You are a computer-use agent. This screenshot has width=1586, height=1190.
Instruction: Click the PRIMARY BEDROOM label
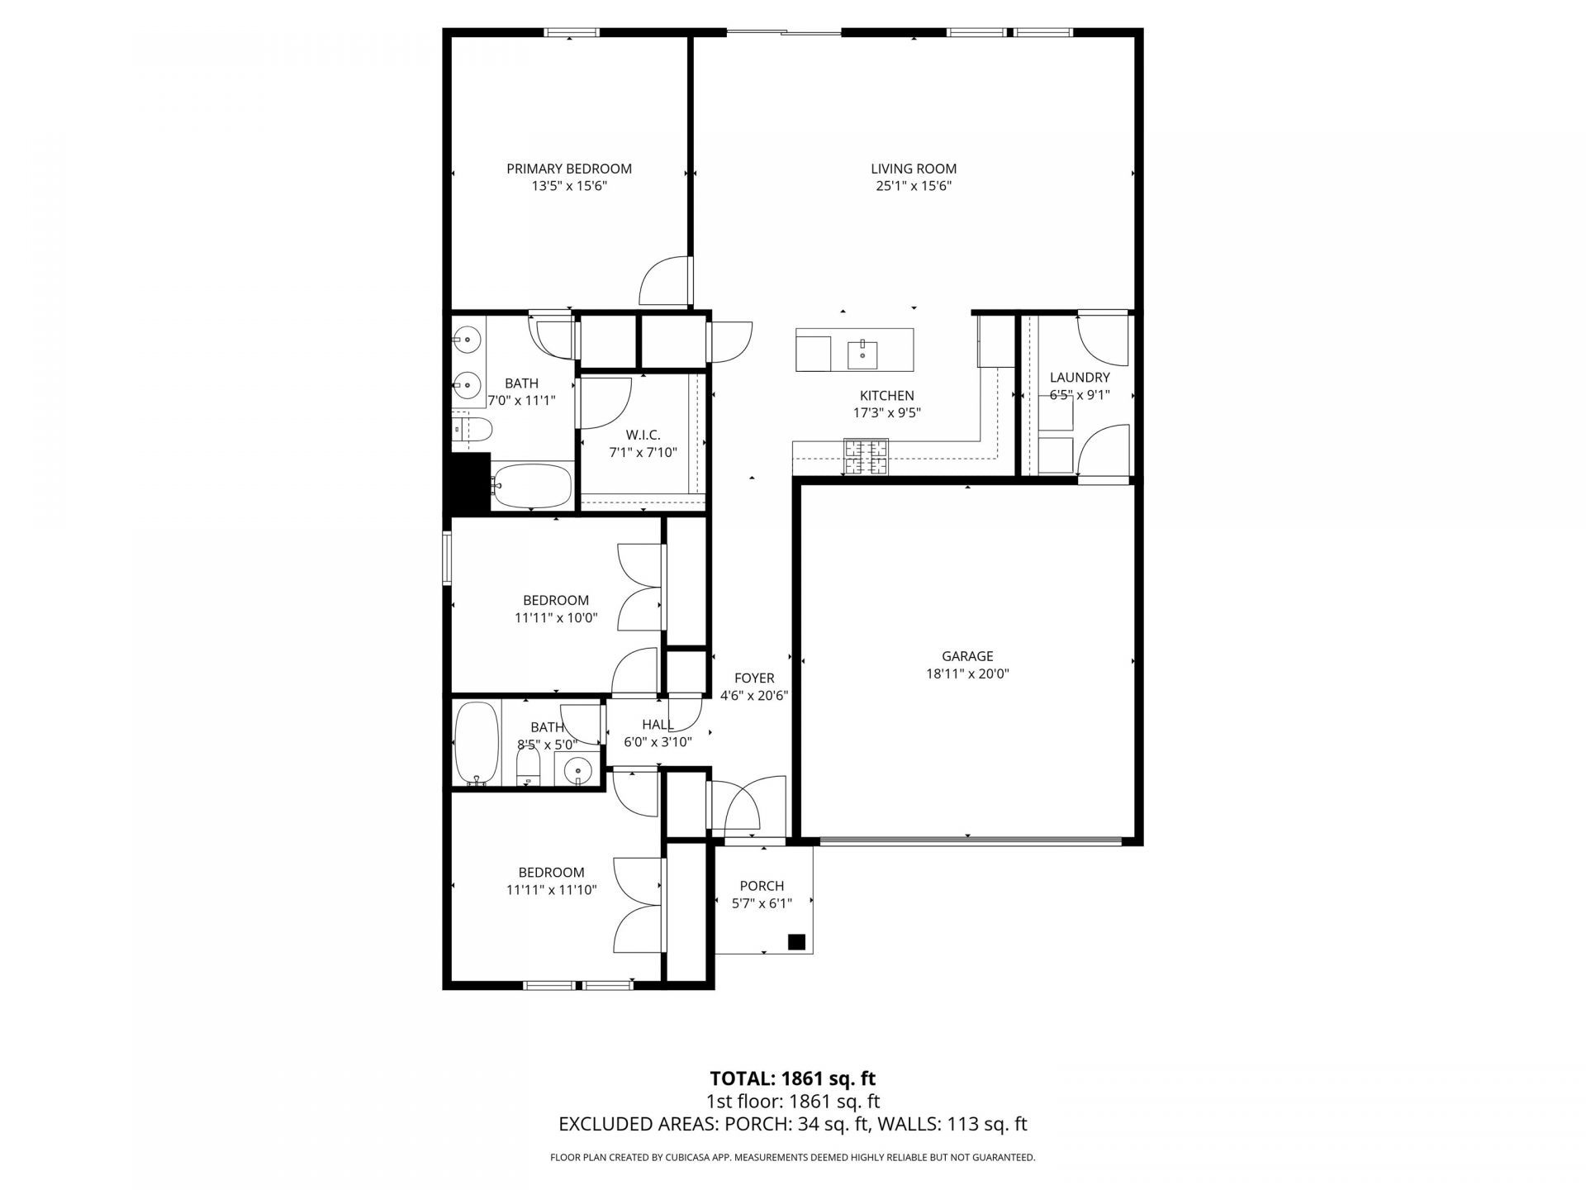569,169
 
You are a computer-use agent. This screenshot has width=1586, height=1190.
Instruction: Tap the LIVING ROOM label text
914,169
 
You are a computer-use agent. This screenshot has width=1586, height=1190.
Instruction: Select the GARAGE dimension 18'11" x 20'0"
967,674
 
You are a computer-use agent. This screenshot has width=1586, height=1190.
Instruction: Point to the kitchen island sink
863,353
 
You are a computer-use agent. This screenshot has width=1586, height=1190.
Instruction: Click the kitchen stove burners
865,457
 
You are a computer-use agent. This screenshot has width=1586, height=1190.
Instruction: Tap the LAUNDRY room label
1080,378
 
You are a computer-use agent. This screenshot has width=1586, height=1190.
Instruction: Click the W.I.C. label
643,435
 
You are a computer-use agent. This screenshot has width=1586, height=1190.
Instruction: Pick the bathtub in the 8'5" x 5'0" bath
477,743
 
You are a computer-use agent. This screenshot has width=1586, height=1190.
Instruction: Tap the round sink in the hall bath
578,771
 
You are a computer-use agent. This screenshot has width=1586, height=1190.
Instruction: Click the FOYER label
754,678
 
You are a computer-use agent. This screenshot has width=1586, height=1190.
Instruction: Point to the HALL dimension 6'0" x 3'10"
658,742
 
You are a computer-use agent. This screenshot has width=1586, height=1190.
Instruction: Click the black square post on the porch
796,942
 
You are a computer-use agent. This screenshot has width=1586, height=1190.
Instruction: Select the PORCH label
762,886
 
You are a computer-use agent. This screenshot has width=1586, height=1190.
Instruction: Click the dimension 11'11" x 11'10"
551,890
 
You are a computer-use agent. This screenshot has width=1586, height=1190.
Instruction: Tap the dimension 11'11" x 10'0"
555,617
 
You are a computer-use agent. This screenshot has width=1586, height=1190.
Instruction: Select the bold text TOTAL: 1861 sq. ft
792,1078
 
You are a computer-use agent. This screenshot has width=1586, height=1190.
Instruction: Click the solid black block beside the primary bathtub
468,483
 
